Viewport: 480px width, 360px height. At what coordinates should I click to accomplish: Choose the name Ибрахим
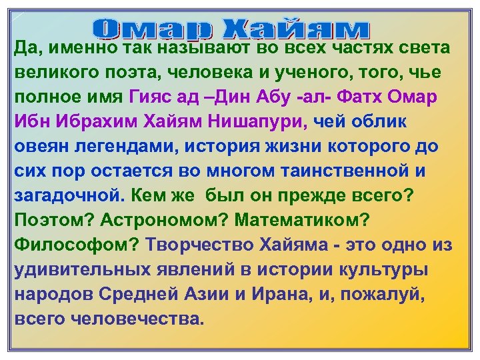(111, 121)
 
